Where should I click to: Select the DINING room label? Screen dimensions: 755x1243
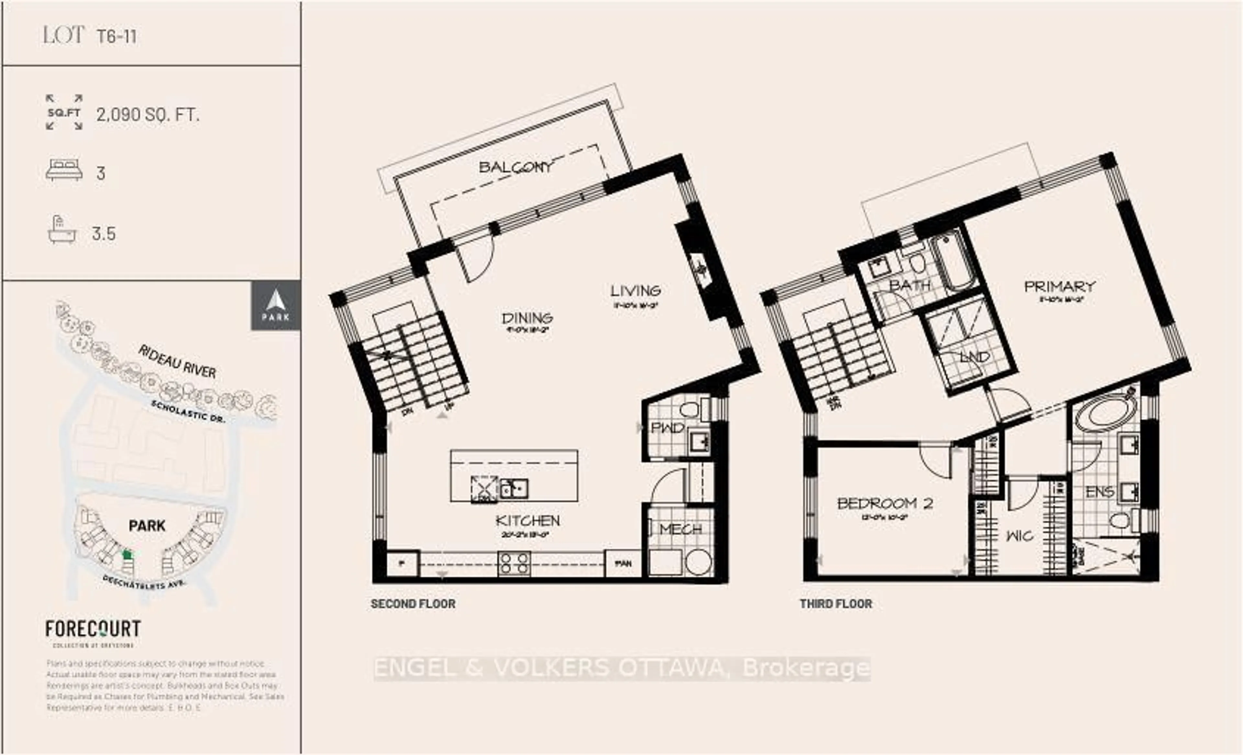(x=527, y=318)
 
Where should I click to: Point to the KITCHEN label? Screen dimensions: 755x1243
(x=527, y=520)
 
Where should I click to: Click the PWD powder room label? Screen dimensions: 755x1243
(x=667, y=428)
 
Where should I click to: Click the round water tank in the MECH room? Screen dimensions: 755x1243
(x=699, y=562)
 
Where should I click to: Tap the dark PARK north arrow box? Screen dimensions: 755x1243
(x=275, y=305)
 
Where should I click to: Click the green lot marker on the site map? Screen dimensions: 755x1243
(x=127, y=554)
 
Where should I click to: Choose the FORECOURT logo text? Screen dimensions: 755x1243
(x=93, y=629)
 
